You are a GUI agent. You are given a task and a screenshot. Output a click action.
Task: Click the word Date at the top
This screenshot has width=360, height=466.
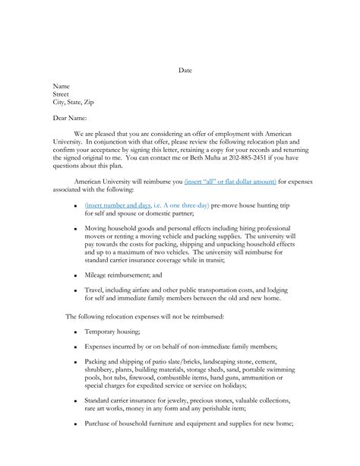point(185,71)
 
